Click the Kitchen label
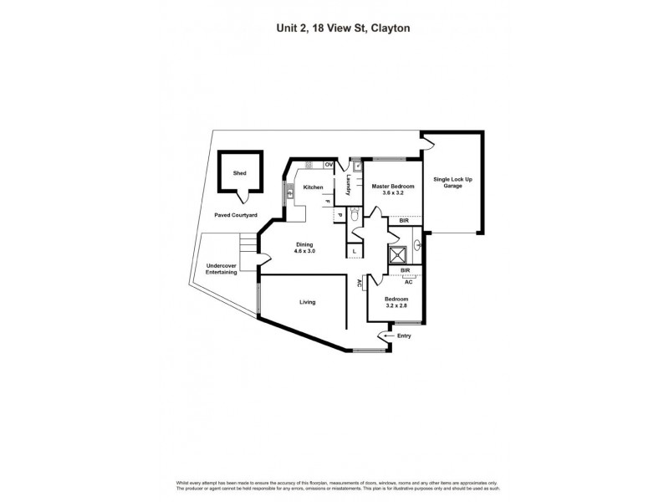[314, 187]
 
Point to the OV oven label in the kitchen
[329, 164]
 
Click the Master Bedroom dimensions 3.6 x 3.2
[387, 192]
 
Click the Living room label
[308, 302]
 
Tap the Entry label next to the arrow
[405, 336]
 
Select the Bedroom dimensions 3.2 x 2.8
[396, 307]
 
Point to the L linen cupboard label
[355, 251]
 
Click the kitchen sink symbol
[290, 192]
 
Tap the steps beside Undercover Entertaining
[247, 244]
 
